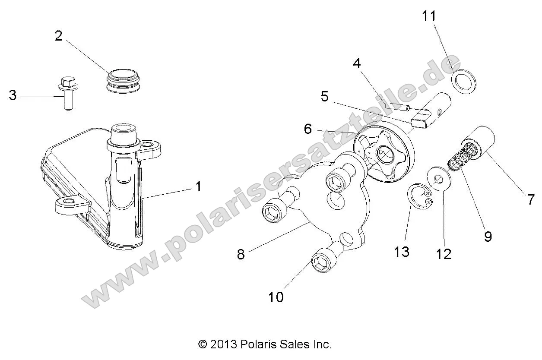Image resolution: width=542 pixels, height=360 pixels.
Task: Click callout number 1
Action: pyautogui.click(x=198, y=187)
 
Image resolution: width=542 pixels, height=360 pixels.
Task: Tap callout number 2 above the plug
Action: pyautogui.click(x=58, y=36)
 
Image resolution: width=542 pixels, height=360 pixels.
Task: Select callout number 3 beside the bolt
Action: pyautogui.click(x=13, y=95)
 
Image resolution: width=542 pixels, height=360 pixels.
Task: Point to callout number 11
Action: pyautogui.click(x=429, y=16)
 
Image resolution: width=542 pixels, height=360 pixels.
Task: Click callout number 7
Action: pyautogui.click(x=531, y=200)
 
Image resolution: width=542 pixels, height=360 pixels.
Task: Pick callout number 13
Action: pyautogui.click(x=402, y=252)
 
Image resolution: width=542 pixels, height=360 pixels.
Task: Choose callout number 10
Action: pyautogui.click(x=276, y=297)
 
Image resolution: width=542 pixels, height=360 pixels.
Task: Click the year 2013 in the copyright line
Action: pyautogui.click(x=224, y=344)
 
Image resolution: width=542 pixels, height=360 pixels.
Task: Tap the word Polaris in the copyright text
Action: pyautogui.click(x=260, y=344)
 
